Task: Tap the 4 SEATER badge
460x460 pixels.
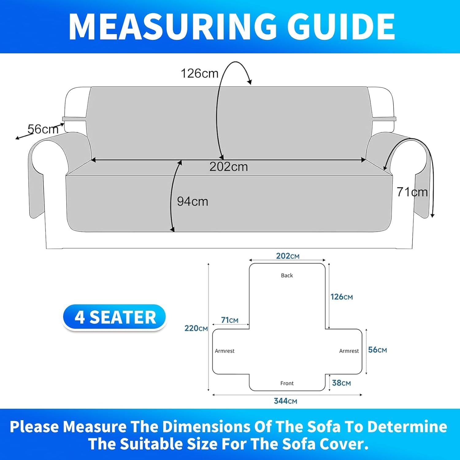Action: tap(115, 317)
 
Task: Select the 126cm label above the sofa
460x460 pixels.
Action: tap(199, 74)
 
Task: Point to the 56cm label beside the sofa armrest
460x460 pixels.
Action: tap(43, 129)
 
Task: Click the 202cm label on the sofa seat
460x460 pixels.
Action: tap(228, 167)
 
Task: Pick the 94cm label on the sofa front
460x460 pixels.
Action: tap(193, 201)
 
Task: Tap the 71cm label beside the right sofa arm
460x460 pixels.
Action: tap(412, 192)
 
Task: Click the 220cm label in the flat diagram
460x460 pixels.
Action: tap(196, 328)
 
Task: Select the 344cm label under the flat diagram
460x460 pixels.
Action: tap(286, 401)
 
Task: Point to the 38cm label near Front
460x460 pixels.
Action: tap(341, 383)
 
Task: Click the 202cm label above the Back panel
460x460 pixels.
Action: tap(288, 256)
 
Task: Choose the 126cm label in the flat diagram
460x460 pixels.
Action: tap(342, 297)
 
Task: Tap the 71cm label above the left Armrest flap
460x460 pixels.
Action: tap(230, 320)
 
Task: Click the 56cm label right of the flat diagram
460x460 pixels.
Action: tap(378, 350)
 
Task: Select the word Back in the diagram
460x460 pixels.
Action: tap(287, 275)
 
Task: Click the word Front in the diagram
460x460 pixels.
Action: tap(287, 383)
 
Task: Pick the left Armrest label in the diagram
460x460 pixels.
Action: tap(224, 351)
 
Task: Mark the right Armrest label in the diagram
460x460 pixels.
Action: tap(349, 351)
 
